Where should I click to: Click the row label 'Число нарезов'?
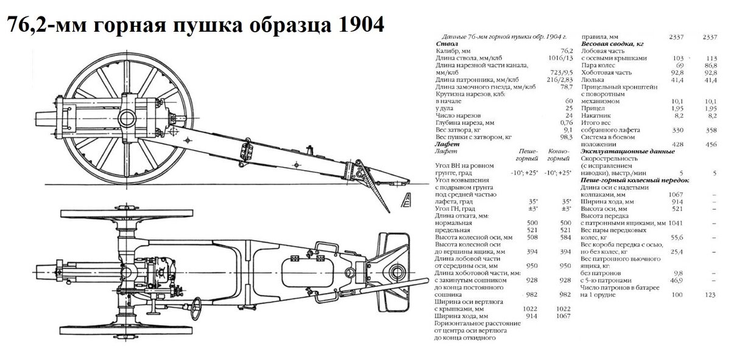tap(458, 115)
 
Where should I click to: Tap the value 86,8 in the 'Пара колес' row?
tap(709, 66)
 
